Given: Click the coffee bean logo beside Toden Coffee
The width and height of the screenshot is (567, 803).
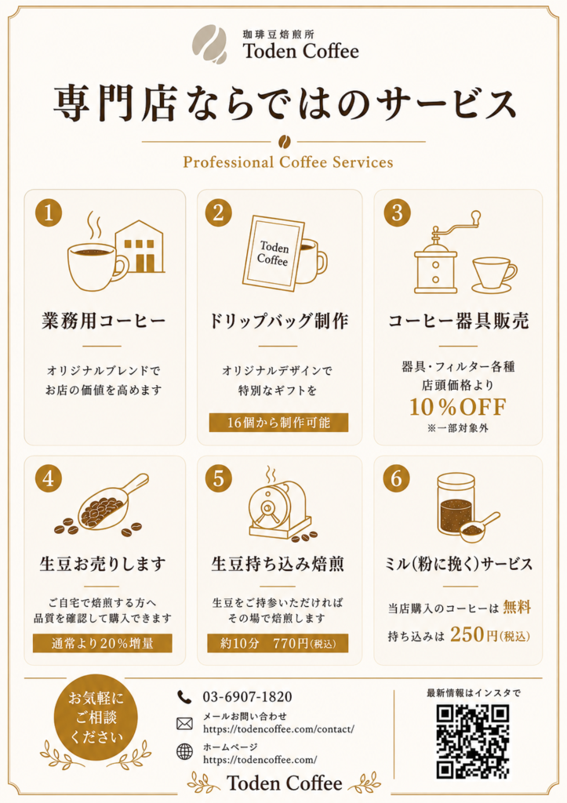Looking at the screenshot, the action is tap(209, 44).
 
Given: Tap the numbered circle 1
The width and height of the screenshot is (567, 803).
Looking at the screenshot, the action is tap(49, 213).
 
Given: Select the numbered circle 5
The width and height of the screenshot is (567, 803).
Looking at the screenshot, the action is tap(219, 478).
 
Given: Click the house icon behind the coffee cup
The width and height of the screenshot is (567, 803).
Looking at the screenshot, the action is tap(140, 247).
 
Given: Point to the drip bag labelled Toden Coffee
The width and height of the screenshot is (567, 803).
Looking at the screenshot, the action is tap(274, 253).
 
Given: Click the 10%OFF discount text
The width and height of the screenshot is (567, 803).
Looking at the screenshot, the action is tap(457, 407).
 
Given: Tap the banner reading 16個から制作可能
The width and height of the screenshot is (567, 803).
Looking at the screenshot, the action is tap(278, 423).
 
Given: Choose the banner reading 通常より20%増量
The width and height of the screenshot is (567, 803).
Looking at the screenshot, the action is tap(103, 643).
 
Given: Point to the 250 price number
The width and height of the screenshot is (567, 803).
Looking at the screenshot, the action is tap(467, 635).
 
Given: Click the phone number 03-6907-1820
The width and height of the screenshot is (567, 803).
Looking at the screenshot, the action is tap(247, 697).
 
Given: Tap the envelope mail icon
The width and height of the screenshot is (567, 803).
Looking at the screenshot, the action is tap(184, 723).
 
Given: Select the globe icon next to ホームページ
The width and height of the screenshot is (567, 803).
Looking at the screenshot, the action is tap(184, 752).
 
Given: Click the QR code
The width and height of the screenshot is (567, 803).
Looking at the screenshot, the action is tap(472, 741).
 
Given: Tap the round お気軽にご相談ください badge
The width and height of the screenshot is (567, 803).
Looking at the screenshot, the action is tap(96, 717).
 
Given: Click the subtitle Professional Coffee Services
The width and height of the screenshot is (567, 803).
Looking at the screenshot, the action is tap(288, 162).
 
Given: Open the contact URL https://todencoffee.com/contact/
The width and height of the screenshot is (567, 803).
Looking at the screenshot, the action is tap(278, 729).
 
